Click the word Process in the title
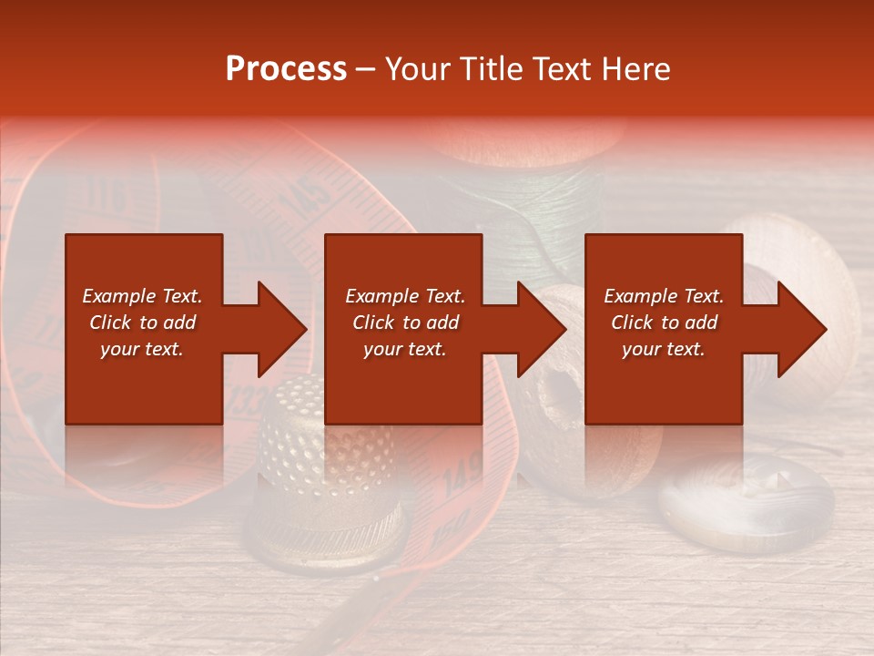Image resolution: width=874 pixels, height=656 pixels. tap(286, 69)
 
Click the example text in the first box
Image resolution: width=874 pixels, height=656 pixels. tap(142, 323)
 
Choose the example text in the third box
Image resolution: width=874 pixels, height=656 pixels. tap(664, 323)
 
